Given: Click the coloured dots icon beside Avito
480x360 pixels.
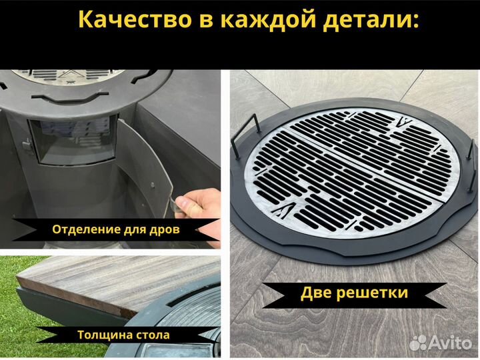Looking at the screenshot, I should [419, 342].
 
